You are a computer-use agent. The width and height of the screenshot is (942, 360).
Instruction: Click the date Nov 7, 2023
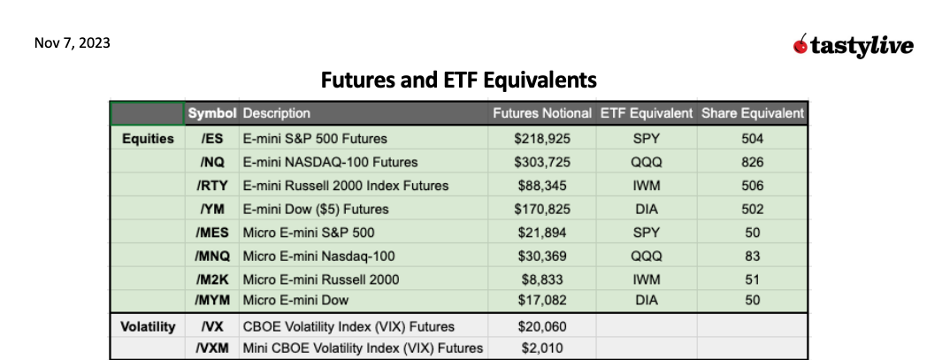[x=73, y=42]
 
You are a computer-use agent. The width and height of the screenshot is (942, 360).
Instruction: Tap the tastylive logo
[x=853, y=45]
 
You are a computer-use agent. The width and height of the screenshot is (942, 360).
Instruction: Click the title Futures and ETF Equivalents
[x=458, y=80]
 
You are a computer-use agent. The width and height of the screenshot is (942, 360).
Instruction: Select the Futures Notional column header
[x=541, y=113]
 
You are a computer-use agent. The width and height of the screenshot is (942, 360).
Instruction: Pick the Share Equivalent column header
[x=752, y=113]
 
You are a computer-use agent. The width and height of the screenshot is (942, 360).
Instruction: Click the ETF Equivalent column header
[x=646, y=113]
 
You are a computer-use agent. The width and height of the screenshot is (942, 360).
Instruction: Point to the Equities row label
[x=147, y=139]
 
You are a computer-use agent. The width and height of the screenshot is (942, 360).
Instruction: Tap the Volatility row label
[x=147, y=326]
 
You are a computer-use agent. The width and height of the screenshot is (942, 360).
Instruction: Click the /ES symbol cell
[x=211, y=139]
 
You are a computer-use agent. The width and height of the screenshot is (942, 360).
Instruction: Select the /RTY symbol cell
[x=211, y=186]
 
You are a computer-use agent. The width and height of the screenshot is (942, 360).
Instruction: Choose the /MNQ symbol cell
[x=211, y=256]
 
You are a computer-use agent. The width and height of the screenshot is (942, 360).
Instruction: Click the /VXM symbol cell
[x=211, y=349]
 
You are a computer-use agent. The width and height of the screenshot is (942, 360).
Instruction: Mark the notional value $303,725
[x=541, y=162]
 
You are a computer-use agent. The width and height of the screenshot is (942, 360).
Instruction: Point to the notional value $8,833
[x=541, y=279]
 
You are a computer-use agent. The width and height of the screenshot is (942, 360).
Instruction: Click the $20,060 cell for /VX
[x=541, y=326]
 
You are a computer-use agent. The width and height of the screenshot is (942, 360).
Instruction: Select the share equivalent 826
[x=752, y=162]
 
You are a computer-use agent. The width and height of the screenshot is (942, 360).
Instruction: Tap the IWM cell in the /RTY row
[x=646, y=186]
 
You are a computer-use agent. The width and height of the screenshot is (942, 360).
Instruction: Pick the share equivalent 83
[x=752, y=256]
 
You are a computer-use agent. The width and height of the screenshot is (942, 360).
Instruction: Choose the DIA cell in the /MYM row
[x=646, y=302]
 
